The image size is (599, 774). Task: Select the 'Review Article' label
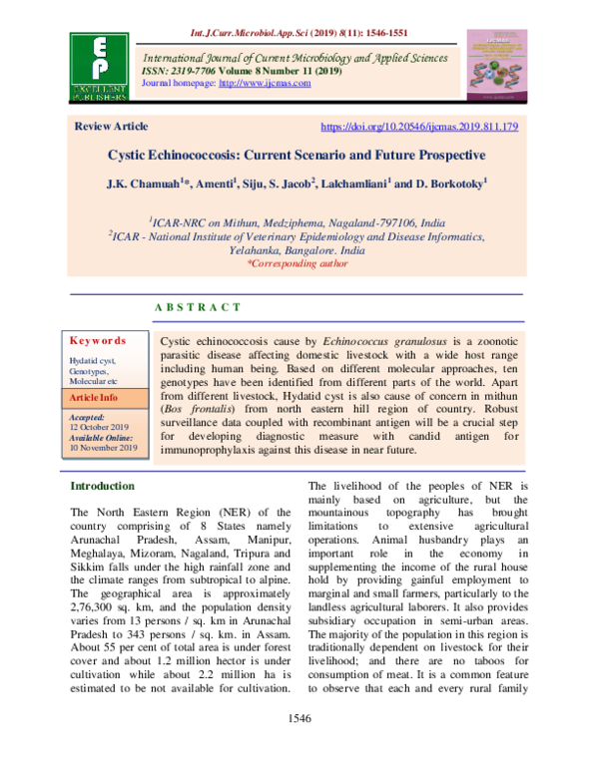[x=112, y=127]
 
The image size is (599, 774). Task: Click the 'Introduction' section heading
[x=102, y=486]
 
